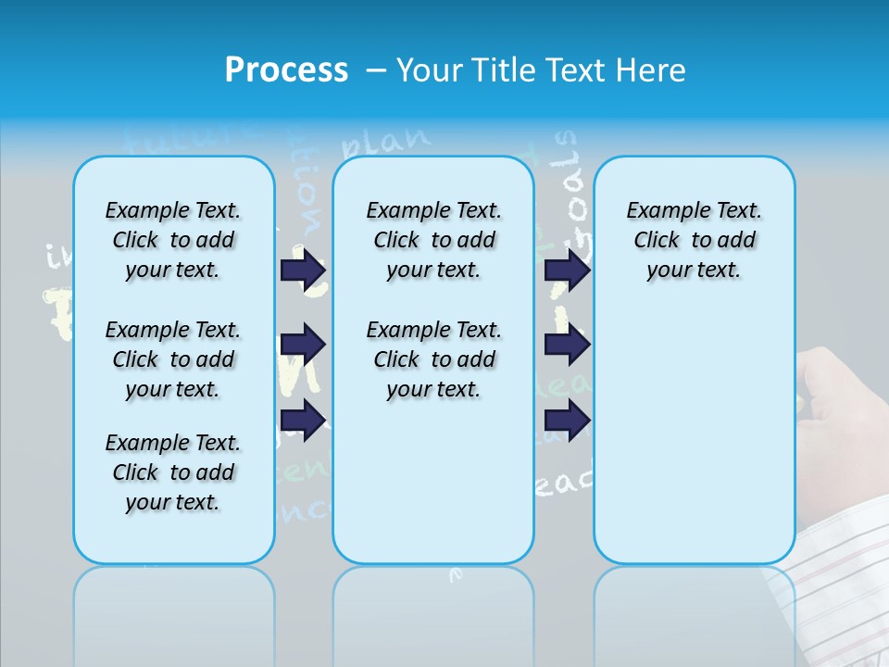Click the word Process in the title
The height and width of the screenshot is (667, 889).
pyautogui.click(x=286, y=69)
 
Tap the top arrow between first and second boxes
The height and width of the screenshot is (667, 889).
pyautogui.click(x=303, y=271)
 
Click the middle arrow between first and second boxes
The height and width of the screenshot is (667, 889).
pyautogui.click(x=303, y=345)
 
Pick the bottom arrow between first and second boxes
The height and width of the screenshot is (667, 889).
pyautogui.click(x=303, y=420)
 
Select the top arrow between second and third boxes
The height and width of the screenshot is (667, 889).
pyautogui.click(x=567, y=271)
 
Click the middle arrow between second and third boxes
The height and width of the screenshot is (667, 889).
pyautogui.click(x=567, y=345)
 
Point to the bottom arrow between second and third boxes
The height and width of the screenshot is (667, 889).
pyautogui.click(x=567, y=420)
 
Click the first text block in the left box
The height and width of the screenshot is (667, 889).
pyautogui.click(x=173, y=240)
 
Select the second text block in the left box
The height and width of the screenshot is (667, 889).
pyautogui.click(x=173, y=359)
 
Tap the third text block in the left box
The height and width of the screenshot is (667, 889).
pyautogui.click(x=173, y=472)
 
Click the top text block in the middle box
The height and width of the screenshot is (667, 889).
pyautogui.click(x=433, y=240)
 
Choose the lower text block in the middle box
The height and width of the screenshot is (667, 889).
pyautogui.click(x=433, y=359)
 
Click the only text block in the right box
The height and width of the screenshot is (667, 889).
pyautogui.click(x=694, y=240)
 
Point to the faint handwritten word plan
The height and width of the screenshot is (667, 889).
pyautogui.click(x=386, y=141)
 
